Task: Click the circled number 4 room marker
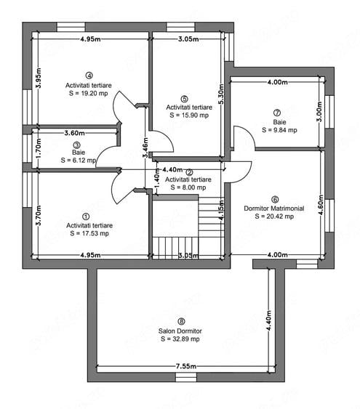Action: [89, 76]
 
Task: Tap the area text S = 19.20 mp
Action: [89, 94]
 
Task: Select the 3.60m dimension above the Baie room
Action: [75, 133]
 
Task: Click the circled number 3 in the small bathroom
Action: [77, 145]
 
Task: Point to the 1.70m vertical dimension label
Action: [39, 148]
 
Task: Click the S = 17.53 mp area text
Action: [89, 233]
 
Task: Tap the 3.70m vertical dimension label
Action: [39, 216]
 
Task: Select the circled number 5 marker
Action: [184, 99]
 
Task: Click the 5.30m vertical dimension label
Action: [221, 94]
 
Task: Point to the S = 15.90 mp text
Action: [189, 116]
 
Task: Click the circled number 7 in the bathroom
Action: [277, 113]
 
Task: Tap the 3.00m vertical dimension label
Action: [319, 112]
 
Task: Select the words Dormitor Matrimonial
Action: [274, 208]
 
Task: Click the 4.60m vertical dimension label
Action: [321, 205]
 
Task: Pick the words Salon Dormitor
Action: [180, 331]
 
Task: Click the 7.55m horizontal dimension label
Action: [186, 366]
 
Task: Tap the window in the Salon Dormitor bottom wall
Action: [186, 377]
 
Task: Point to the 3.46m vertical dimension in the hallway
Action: [145, 147]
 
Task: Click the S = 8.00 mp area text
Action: [188, 187]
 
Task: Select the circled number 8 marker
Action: [181, 322]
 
